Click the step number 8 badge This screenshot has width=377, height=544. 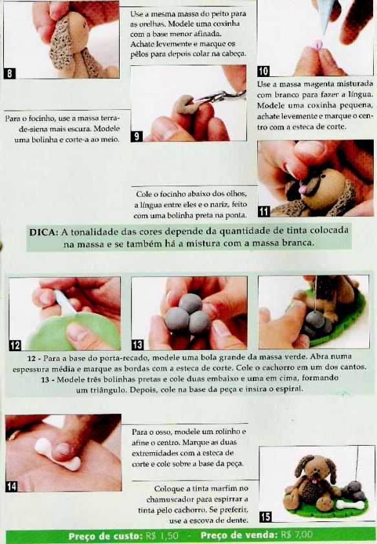pos(9,74)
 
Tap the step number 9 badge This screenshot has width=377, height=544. pos(136,136)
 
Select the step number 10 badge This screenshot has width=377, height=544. pos(263,71)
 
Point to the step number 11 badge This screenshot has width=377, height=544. pos(264,212)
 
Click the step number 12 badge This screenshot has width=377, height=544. pos(15,345)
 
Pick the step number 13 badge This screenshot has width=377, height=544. pos(137,345)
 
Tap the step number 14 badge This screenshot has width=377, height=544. pos(12,486)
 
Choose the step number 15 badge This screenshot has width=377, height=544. pos(265,517)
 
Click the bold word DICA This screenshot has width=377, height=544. pos(43,232)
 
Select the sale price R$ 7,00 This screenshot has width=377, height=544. pos(296,535)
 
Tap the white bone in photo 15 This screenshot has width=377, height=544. pos(350,505)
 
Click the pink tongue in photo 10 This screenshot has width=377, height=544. pos(318,45)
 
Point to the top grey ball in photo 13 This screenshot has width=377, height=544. pos(190,303)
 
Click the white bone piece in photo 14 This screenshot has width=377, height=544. pos(58,455)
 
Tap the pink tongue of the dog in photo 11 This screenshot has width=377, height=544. pos(303,189)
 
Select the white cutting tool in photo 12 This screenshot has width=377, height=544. pos(65,303)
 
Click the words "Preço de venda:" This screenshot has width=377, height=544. pos(239,535)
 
